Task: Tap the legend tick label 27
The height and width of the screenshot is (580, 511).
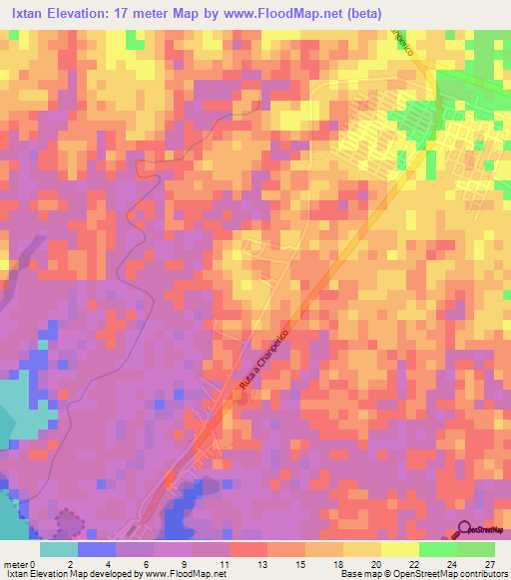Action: click(488, 564)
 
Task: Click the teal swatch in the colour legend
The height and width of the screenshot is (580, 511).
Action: click(59, 549)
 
